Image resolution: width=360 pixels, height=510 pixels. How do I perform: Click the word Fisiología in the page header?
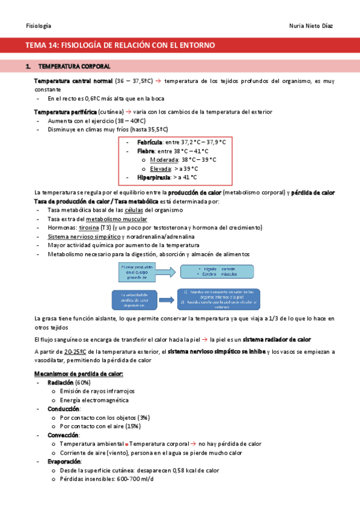(38, 26)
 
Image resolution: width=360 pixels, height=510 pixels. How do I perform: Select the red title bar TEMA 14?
(180, 45)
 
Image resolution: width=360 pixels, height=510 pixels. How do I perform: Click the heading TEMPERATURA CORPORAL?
(74, 66)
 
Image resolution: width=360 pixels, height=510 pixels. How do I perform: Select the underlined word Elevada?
(160, 169)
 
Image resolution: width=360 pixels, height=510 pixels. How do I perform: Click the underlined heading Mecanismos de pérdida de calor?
(79, 374)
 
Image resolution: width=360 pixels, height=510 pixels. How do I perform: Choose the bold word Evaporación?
(64, 461)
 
